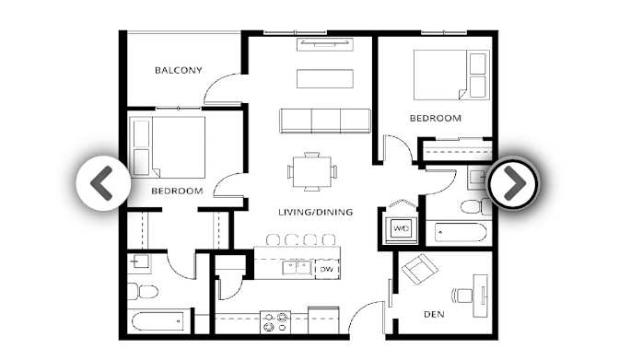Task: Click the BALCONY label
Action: pos(179,70)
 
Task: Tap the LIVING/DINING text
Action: pos(316,213)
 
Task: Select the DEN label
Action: pos(434,314)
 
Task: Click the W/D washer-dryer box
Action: pos(402,227)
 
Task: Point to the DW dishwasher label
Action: pos(326,269)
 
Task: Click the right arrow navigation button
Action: pos(512,183)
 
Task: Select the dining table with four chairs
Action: pos(311,170)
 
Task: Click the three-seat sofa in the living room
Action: pos(325,121)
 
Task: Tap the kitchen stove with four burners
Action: pos(274,321)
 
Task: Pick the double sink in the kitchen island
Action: pos(297,268)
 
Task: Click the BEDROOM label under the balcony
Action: pos(177,191)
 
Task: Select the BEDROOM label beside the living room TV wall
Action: pos(435,118)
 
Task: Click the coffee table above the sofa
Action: pos(324,78)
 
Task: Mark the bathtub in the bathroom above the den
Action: pos(461,230)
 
